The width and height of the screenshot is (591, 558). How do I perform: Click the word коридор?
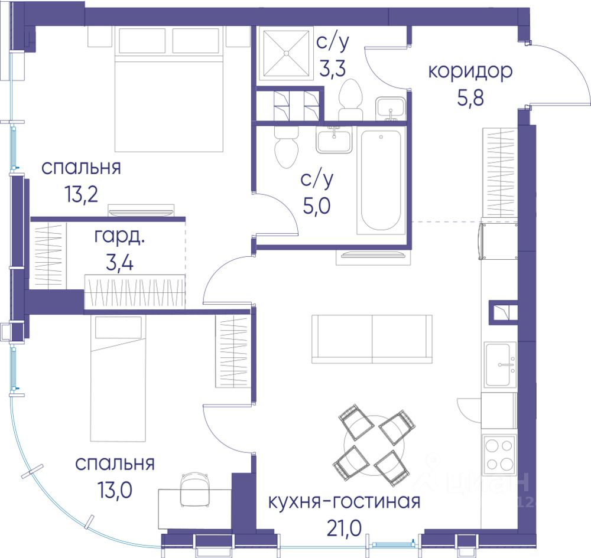pyautogui.click(x=470, y=71)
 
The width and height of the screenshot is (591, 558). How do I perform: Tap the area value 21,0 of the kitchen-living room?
pyautogui.click(x=344, y=528)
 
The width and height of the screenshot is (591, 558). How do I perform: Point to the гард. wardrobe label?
pyautogui.click(x=119, y=237)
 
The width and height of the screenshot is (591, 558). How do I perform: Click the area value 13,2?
pyautogui.click(x=82, y=194)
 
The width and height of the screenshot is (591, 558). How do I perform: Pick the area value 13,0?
pyautogui.click(x=115, y=490)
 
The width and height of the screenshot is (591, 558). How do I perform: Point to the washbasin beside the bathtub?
pyautogui.click(x=334, y=139)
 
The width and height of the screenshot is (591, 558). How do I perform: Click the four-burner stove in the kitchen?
pyautogui.click(x=499, y=453)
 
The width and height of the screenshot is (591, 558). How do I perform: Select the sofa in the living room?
pyautogui.click(x=372, y=339)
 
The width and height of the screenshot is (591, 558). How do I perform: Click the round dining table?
pyautogui.click(x=374, y=444)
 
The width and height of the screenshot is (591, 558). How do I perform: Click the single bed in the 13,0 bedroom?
pyautogui.click(x=118, y=378)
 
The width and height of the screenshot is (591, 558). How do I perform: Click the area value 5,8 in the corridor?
pyautogui.click(x=470, y=98)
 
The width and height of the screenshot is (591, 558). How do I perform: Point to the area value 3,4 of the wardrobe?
pyautogui.click(x=119, y=263)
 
